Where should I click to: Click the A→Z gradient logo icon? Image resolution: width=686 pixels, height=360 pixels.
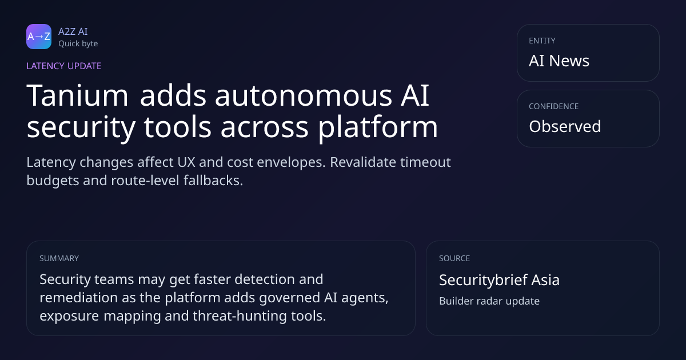coord(39,37)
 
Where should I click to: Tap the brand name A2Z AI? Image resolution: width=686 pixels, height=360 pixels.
coord(73,31)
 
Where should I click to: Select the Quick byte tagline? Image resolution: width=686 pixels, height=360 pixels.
coord(78,44)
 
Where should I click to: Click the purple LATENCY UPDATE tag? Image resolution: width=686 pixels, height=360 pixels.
coord(63,66)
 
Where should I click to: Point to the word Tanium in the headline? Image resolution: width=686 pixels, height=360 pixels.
coord(77,95)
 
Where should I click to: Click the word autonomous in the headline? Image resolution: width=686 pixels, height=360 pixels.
coord(304,95)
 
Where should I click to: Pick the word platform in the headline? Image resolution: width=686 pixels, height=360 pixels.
coord(378,127)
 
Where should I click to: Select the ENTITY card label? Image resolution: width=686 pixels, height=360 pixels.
coord(542,41)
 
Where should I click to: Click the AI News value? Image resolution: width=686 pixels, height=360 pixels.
coord(559,61)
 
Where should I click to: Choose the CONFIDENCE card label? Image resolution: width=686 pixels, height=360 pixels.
coord(554,106)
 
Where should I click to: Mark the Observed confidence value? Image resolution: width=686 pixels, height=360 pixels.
coord(565,126)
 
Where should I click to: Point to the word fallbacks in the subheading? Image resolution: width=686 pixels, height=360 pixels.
coord(213,181)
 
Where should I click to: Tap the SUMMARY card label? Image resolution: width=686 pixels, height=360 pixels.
coord(59,258)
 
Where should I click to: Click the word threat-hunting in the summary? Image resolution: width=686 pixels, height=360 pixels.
coord(240,316)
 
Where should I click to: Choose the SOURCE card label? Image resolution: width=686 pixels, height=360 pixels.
coord(454,258)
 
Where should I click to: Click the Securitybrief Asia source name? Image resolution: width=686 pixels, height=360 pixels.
coord(499,280)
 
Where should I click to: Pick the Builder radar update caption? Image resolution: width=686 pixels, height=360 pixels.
coord(489,301)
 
